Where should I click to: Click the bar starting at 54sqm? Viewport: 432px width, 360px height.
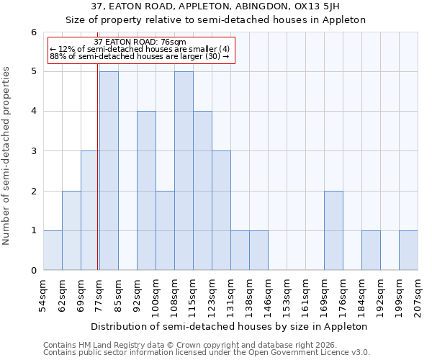click(x=53, y=250)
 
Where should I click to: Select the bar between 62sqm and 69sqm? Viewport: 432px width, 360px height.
click(x=71, y=230)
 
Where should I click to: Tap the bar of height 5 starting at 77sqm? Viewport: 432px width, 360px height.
click(x=109, y=171)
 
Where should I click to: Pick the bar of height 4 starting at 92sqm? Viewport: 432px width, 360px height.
click(x=146, y=191)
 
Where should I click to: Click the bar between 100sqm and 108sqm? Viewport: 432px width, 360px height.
click(x=165, y=230)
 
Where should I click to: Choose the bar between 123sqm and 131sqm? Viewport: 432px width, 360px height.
click(x=221, y=210)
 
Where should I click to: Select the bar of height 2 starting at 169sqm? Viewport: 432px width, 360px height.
click(x=333, y=230)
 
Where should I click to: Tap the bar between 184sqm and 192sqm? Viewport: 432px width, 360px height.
click(x=371, y=250)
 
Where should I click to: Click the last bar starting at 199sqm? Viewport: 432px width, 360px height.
click(x=408, y=250)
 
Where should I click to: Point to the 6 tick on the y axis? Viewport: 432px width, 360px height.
click(x=33, y=32)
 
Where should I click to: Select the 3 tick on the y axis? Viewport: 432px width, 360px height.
click(x=33, y=151)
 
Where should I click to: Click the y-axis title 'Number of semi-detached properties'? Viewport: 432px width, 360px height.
click(x=7, y=156)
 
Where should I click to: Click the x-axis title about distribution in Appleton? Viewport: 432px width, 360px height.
click(x=230, y=326)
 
